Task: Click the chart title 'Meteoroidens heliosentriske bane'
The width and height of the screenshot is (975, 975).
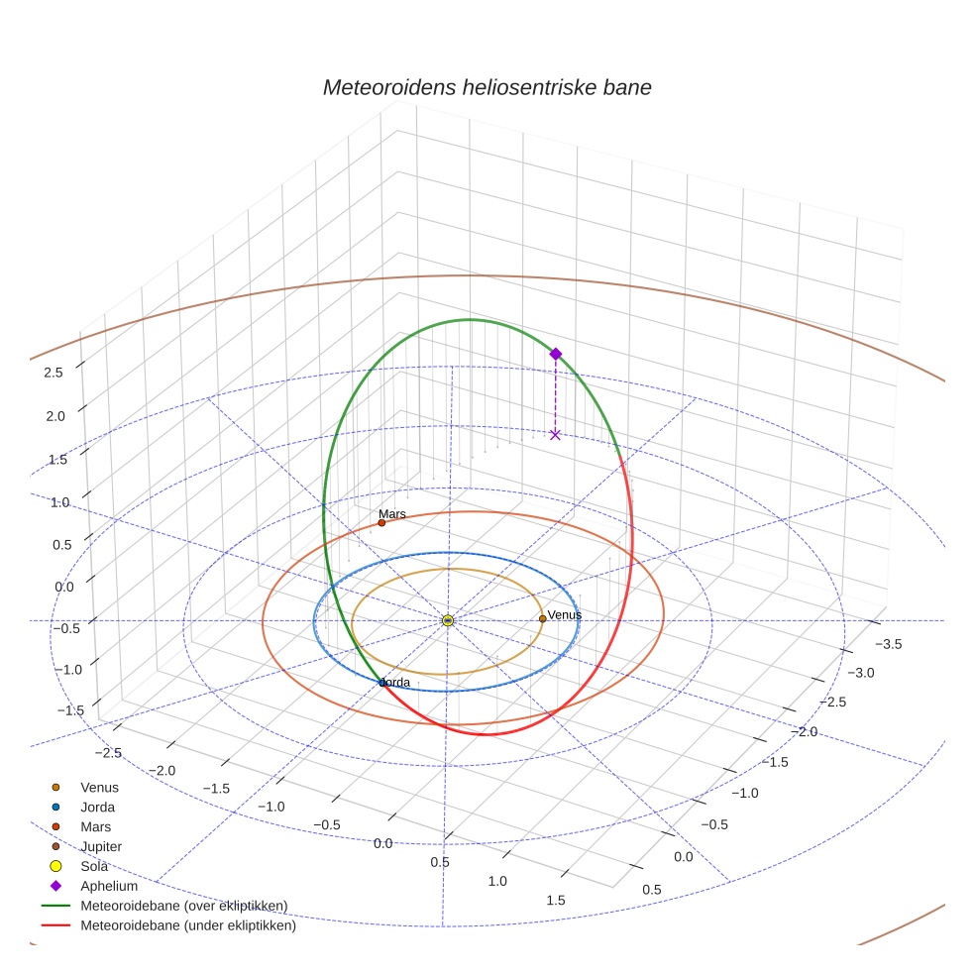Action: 487,87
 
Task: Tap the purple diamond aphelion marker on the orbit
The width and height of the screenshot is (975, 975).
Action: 555,354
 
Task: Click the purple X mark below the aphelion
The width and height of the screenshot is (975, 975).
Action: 555,434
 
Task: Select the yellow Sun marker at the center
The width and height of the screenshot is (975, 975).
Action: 448,620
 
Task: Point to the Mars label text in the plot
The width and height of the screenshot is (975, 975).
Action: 392,515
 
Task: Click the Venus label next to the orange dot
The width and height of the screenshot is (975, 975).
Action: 565,614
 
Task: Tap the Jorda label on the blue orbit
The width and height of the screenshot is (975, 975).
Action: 394,683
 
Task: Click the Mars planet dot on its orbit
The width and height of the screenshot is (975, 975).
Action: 381,523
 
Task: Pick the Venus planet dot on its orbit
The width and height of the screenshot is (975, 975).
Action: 542,618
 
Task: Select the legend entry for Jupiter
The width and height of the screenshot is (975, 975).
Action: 101,846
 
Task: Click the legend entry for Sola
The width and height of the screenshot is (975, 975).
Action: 94,866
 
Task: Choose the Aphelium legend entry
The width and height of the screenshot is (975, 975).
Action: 109,886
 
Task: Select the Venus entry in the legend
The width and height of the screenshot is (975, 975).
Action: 99,787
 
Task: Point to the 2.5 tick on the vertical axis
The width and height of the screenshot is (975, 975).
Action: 54,372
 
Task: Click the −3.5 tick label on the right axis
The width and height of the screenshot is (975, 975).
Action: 888,644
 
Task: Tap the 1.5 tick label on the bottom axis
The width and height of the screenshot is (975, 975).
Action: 555,900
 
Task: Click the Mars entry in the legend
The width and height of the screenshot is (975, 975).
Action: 95,826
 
